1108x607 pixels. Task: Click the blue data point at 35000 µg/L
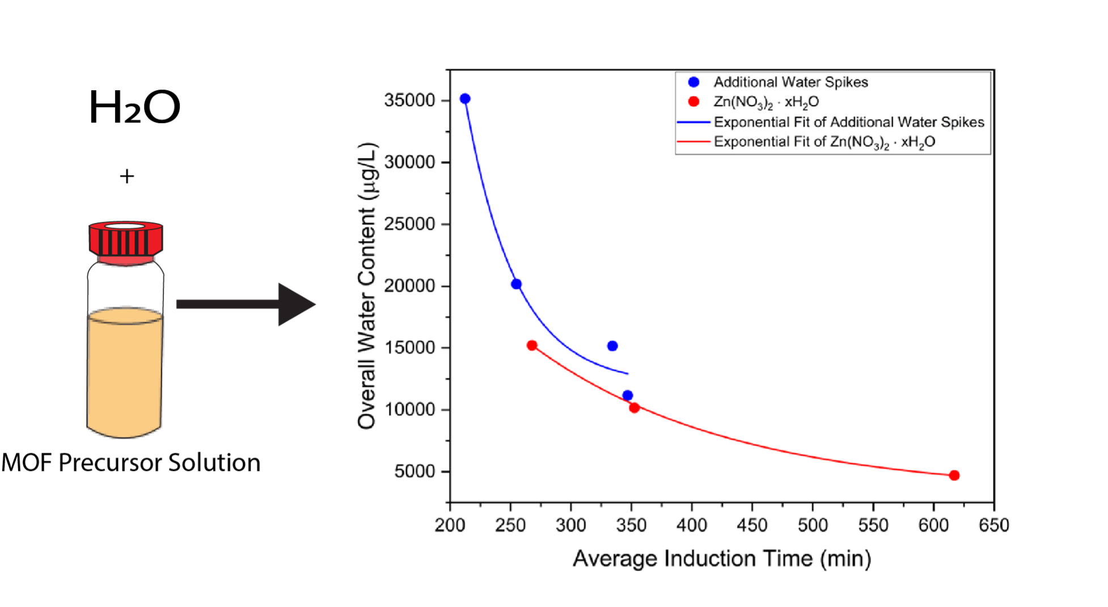(465, 99)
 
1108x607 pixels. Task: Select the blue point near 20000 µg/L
(516, 284)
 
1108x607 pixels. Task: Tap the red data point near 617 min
(954, 475)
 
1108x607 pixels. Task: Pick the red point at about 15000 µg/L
(532, 345)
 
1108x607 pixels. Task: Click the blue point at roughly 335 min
(612, 346)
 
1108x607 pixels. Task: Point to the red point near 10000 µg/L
(635, 408)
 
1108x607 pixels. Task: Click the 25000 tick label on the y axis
(409, 224)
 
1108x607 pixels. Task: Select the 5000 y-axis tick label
(415, 471)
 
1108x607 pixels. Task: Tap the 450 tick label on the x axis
(752, 525)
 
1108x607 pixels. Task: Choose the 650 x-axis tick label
(994, 525)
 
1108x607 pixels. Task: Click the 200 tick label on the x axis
(450, 525)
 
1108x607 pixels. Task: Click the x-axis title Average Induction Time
(721, 559)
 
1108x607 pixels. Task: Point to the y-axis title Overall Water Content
(367, 286)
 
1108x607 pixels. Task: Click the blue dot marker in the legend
(693, 82)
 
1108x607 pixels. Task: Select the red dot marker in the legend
(693, 102)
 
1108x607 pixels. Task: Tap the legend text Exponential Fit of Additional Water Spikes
(849, 122)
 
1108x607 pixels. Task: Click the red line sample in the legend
(693, 141)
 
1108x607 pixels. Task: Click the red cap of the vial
(125, 242)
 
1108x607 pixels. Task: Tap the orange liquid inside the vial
(125, 374)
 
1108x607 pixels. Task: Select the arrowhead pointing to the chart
(295, 305)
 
